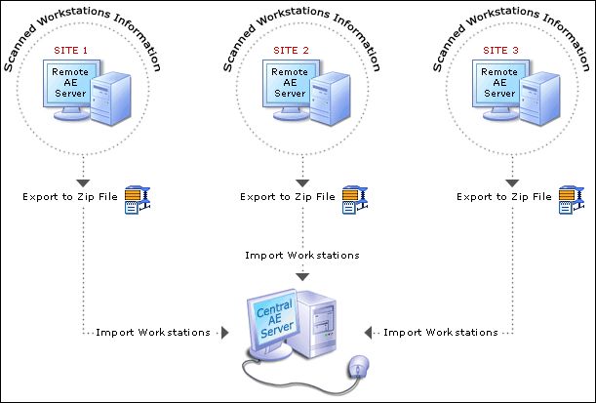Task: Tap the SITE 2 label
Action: click(x=291, y=50)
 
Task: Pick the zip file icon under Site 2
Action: click(x=352, y=196)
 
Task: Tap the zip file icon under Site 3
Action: click(x=568, y=196)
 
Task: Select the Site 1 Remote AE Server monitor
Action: click(x=71, y=82)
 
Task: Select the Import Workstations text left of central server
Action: click(x=152, y=333)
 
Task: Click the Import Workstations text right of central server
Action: click(x=440, y=333)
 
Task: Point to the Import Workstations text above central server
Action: click(x=302, y=255)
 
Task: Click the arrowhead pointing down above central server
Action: click(x=302, y=276)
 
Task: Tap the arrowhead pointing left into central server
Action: click(x=369, y=333)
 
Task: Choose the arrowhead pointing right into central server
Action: click(x=224, y=333)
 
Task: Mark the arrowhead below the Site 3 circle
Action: click(x=511, y=181)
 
